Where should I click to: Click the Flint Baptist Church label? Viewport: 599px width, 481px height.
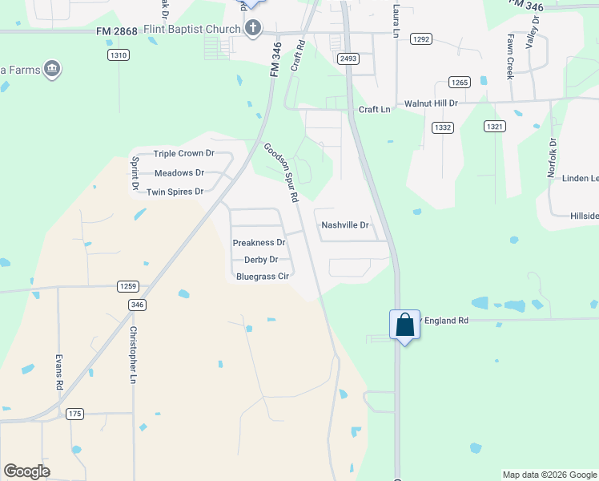(192, 30)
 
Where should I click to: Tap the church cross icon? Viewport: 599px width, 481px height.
(252, 30)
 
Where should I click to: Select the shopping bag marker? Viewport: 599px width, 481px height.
(404, 325)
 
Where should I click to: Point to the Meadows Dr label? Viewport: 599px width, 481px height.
(179, 172)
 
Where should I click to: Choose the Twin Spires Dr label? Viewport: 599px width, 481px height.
(175, 192)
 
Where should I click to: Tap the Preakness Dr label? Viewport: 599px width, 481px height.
(259, 242)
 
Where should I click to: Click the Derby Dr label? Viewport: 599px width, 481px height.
(261, 259)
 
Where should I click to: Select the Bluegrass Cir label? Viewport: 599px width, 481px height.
(262, 276)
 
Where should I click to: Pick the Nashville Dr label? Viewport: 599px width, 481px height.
(345, 225)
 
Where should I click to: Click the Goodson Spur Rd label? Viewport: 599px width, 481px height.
(282, 172)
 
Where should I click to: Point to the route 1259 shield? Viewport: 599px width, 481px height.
(128, 286)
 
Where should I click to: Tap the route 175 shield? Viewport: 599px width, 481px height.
(74, 414)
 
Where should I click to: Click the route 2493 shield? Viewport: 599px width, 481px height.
(348, 59)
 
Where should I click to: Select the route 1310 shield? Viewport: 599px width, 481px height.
(119, 55)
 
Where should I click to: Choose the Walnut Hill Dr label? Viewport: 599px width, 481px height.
(431, 103)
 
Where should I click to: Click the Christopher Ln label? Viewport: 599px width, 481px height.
(134, 355)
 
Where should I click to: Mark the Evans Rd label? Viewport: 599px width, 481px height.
(59, 373)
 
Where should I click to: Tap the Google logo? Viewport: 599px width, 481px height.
(26, 471)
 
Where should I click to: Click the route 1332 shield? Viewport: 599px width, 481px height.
(442, 127)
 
